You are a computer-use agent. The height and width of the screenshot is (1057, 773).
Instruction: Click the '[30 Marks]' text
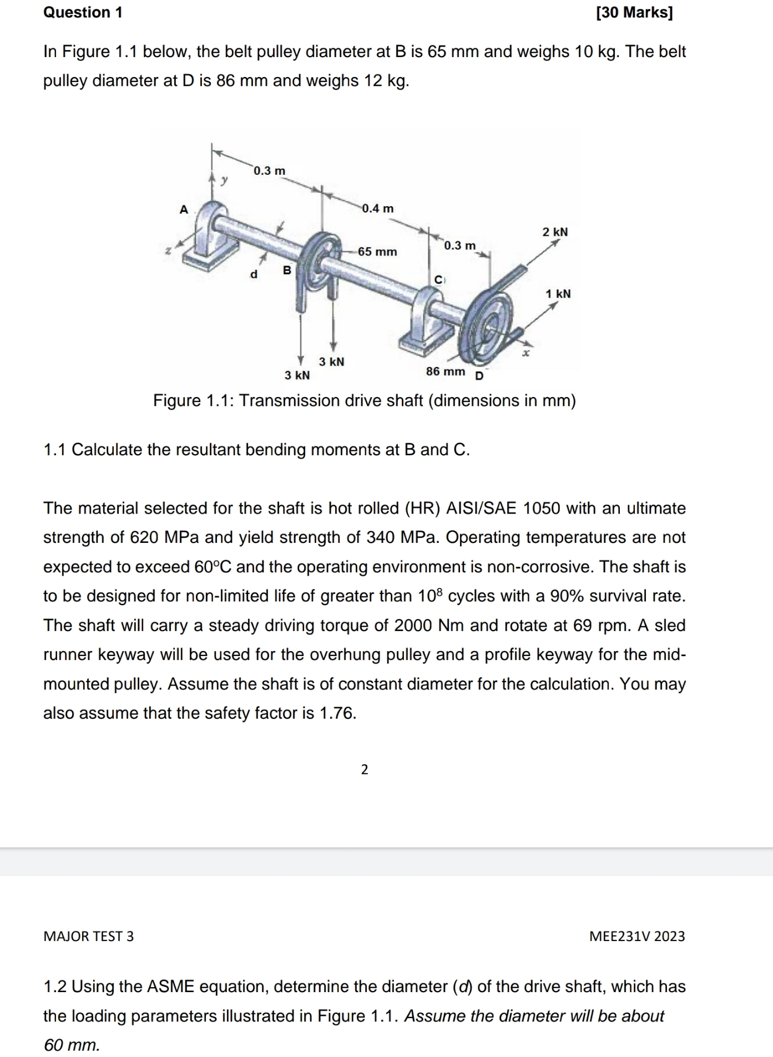(634, 12)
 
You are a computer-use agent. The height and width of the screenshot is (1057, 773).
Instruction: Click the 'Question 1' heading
(83, 12)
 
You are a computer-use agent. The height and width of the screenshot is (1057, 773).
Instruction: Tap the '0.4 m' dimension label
(377, 209)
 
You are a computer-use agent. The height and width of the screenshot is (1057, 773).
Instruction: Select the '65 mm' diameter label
(377, 252)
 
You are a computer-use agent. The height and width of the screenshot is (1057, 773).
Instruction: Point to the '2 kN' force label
(555, 232)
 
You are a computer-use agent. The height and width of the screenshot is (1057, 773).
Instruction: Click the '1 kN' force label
(558, 293)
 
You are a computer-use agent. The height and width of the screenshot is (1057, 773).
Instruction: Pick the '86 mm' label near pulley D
(446, 371)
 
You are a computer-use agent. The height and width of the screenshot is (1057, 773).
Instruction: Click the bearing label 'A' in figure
(184, 209)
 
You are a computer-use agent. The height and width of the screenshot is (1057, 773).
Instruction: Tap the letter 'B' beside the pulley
(287, 270)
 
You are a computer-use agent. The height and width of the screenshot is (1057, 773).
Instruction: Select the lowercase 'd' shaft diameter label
(254, 274)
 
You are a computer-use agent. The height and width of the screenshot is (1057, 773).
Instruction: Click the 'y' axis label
(224, 180)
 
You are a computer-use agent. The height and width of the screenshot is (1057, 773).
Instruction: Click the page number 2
(365, 769)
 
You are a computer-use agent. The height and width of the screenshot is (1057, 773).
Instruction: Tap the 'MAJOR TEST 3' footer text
(89, 936)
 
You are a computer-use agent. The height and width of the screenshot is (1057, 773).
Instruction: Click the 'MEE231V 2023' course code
(637, 936)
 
